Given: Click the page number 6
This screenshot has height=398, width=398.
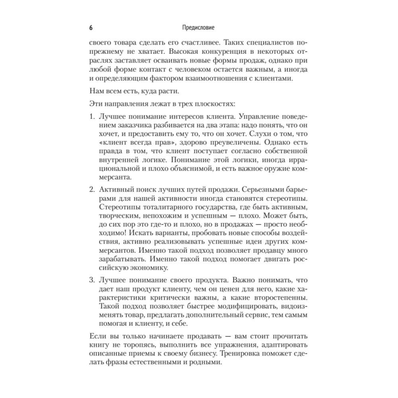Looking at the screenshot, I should pos(91,28).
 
